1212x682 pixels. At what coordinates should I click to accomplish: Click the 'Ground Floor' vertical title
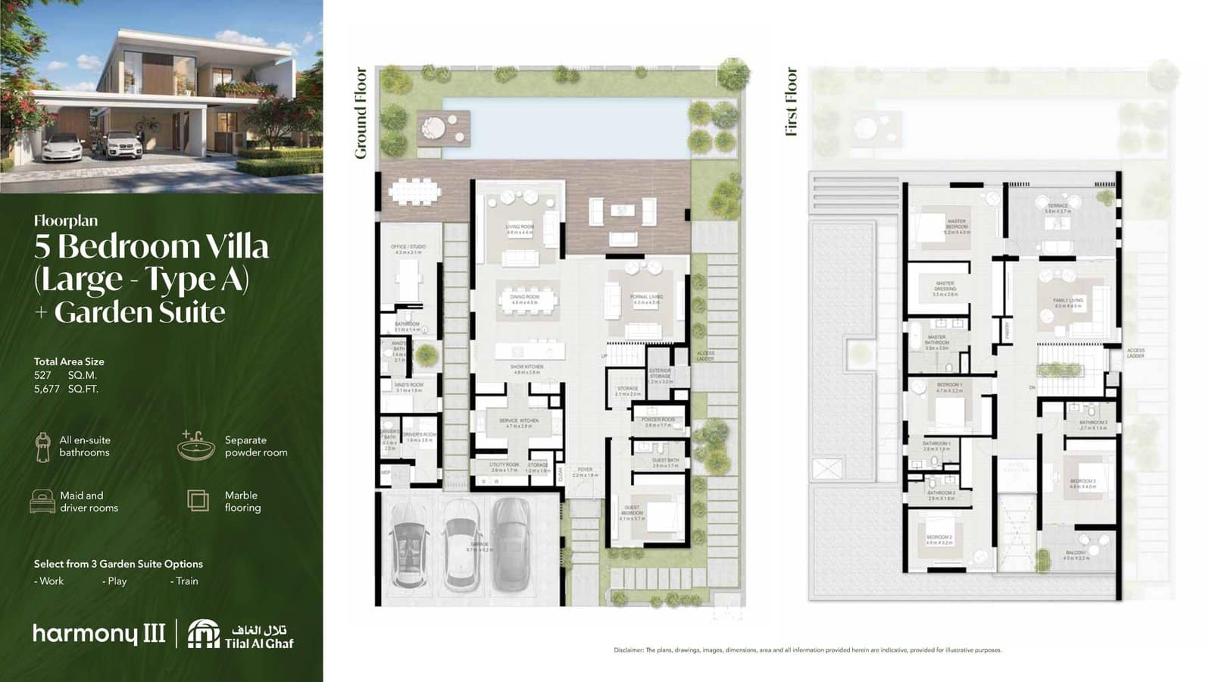pos(361,113)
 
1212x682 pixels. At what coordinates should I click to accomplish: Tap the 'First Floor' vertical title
pos(792,102)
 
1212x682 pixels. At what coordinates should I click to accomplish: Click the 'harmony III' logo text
pos(99,634)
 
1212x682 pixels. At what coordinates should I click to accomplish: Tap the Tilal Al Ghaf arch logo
pos(203,634)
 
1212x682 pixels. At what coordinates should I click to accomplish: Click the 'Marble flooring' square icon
pos(198,500)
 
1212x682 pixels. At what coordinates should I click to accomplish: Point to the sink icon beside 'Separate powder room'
pos(196,445)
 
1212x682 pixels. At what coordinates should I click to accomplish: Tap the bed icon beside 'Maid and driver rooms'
pos(42,501)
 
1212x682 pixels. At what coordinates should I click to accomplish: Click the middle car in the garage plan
pos(461,544)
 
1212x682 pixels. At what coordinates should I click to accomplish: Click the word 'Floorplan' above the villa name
pos(66,221)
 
